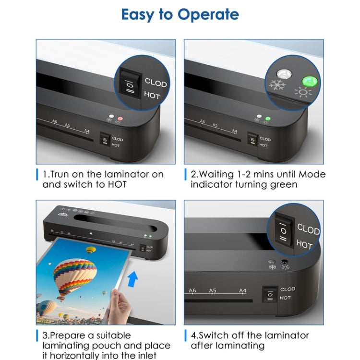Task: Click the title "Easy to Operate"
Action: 180,14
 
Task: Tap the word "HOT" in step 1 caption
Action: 116,185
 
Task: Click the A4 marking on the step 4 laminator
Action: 243,291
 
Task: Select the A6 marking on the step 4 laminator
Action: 192,291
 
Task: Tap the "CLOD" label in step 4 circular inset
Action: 308,229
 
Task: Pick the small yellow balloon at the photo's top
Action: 91,250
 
